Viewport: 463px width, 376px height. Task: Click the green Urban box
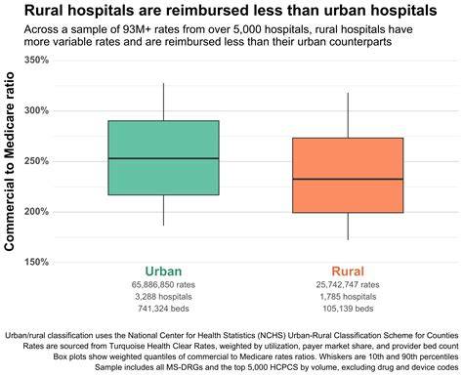pos(163,158)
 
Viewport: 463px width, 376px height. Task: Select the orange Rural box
pos(348,175)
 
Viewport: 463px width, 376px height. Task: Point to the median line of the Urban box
pos(163,158)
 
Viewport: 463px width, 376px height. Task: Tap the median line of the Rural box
pos(348,179)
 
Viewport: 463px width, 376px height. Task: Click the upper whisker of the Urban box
pos(163,102)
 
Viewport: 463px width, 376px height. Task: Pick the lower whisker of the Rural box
pos(348,227)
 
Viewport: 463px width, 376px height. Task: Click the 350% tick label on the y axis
pos(36,60)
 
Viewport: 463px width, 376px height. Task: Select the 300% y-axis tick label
pos(36,110)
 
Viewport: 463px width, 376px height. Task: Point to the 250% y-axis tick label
pos(36,161)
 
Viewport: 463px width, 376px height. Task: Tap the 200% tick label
pos(36,212)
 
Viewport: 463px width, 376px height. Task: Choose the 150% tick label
pos(36,262)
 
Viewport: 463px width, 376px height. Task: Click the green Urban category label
pos(163,272)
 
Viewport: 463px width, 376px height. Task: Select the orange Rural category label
pos(348,272)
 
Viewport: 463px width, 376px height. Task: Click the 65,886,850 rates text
pos(163,285)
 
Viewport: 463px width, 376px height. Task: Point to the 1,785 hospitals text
pos(348,297)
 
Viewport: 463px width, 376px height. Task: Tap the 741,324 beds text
pos(163,309)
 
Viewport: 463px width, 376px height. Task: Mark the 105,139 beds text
pos(348,309)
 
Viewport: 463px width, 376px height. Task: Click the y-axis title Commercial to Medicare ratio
pos(10,161)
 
